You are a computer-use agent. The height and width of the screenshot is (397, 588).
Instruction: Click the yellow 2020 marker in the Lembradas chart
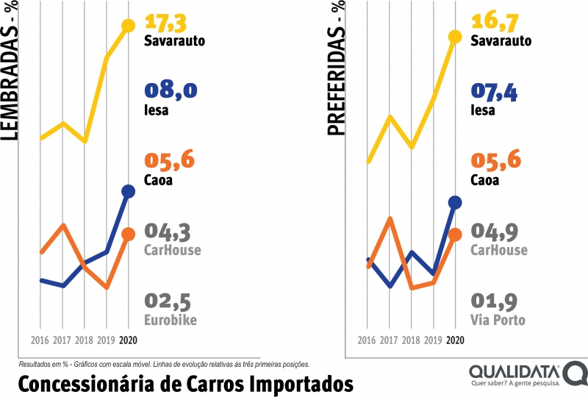click(128, 26)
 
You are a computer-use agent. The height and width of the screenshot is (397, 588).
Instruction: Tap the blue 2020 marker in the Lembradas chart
click(128, 192)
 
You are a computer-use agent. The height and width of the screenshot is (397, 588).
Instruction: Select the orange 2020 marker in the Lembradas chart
click(128, 235)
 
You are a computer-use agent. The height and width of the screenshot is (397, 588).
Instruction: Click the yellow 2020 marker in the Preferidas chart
click(455, 37)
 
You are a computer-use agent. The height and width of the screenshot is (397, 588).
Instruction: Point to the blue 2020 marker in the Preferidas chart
click(455, 202)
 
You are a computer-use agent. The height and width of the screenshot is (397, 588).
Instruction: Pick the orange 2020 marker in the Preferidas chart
click(455, 235)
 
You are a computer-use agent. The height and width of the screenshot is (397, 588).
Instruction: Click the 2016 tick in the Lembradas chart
click(40, 340)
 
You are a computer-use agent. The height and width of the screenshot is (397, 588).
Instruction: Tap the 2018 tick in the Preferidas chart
click(411, 340)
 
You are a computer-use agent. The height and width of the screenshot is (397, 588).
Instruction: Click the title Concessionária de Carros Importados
click(184, 383)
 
